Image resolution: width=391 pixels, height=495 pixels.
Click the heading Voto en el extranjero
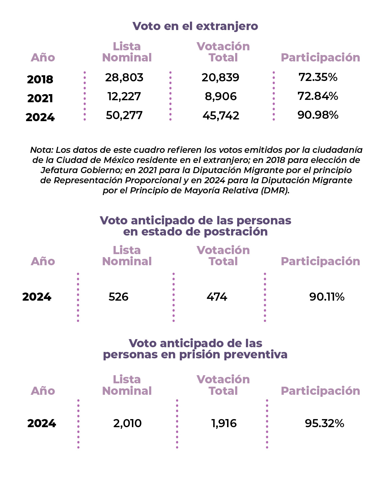195,26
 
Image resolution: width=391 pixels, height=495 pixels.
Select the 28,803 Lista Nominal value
124,78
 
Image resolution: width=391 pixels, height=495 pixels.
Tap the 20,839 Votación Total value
220,78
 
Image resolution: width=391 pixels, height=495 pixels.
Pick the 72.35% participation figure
318,77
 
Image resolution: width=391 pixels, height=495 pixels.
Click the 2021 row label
40,99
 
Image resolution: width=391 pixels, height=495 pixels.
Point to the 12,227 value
124,97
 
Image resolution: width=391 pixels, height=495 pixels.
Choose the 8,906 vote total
221,97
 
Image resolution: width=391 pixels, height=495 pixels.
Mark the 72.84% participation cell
318,96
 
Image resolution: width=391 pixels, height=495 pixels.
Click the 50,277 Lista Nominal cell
124,115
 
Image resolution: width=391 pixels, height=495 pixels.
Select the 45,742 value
221,115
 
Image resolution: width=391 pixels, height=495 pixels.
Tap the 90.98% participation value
318,115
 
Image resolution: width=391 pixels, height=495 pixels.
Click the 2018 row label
40,80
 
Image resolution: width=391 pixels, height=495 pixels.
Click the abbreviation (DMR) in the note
275,190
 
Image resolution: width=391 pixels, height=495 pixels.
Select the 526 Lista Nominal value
118,297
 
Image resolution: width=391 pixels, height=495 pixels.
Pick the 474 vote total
217,297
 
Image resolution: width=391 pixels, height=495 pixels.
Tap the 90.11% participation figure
327,297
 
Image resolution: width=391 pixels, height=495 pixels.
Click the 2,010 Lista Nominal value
128,423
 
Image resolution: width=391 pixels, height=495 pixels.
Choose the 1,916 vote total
224,423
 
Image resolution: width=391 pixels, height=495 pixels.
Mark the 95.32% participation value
325,423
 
